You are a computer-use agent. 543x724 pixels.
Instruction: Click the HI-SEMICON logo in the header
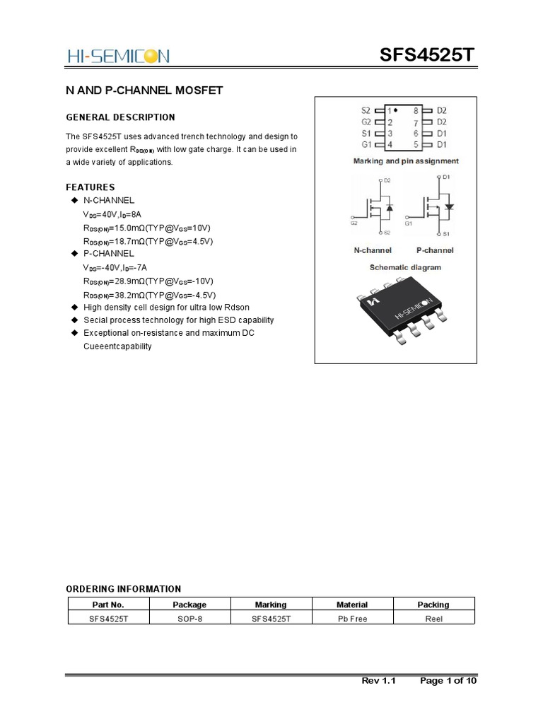tap(117, 56)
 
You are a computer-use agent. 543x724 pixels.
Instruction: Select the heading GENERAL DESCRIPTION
tap(120, 117)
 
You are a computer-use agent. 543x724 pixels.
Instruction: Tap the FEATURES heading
tap(90, 187)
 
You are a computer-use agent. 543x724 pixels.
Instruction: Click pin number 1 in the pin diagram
tap(389, 111)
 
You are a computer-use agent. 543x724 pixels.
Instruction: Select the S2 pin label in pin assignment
tap(366, 111)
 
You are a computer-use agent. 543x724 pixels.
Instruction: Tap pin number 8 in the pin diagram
tap(416, 111)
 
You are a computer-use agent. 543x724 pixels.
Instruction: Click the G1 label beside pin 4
tap(366, 145)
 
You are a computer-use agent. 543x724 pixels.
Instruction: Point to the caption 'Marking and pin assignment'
tap(406, 161)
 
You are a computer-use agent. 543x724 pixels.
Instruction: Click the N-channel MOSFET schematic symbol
tap(373, 206)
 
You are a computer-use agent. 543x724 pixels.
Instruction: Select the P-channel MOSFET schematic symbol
tap(433, 206)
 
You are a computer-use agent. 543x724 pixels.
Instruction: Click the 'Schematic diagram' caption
tap(405, 267)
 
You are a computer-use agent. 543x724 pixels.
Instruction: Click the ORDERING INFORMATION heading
tap(123, 589)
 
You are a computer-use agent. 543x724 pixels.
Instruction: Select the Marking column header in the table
tap(271, 605)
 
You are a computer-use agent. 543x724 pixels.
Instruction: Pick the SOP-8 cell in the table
tap(189, 618)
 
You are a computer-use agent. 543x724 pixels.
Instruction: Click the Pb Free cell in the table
tap(352, 618)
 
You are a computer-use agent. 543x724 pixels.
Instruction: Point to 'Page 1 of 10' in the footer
tap(448, 682)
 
